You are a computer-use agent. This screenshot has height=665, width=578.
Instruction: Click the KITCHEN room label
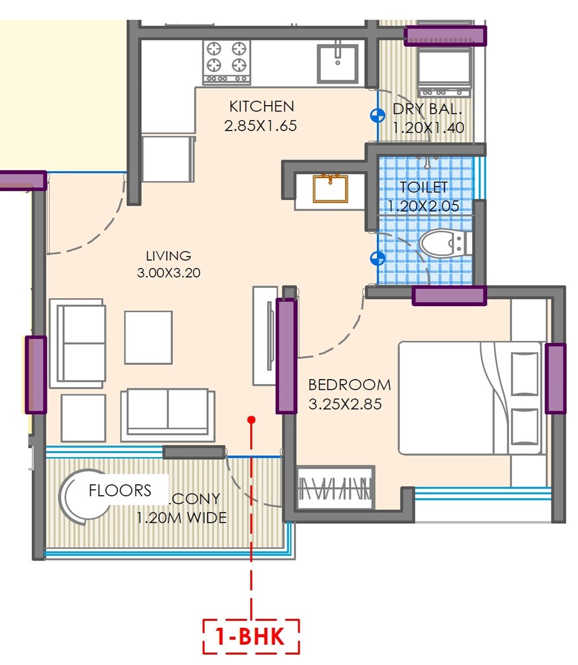coord(261,106)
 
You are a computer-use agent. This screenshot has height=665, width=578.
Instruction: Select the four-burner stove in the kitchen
coord(226,61)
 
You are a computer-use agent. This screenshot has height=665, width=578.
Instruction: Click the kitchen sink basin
coord(338,62)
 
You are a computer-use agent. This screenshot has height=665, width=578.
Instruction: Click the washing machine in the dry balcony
coord(444,71)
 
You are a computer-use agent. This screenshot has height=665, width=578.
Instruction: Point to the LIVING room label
coord(168,255)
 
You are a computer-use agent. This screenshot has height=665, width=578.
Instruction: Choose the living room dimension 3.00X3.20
coord(168,273)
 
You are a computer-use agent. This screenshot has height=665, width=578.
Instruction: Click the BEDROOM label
coord(349,385)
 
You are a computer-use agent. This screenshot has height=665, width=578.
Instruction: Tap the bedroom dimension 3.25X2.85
coord(345,404)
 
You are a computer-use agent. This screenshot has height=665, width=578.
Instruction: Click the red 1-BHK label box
coord(251,637)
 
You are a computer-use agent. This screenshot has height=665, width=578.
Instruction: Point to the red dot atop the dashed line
coord(251,420)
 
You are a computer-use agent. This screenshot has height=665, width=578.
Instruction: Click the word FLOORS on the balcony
coord(120,491)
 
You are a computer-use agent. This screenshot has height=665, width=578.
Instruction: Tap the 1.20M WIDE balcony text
coord(181,518)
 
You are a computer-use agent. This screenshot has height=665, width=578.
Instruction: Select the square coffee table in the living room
coord(149,337)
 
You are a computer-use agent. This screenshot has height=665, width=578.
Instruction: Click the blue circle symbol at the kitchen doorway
coord(377,116)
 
